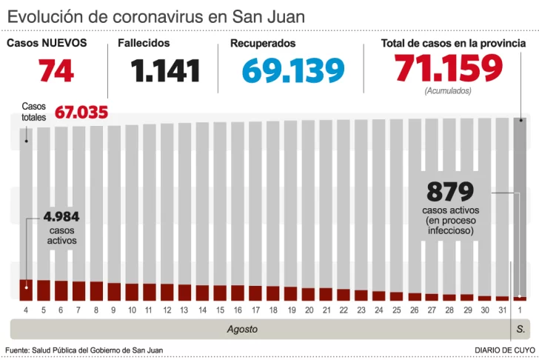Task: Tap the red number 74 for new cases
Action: coord(56,71)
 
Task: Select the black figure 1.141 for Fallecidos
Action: coord(166,71)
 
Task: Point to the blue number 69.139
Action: coord(293,71)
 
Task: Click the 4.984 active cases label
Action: coord(61,217)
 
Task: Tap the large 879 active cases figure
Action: coord(449,192)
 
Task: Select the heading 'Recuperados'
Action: coord(263,44)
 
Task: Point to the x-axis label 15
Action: coord(220,310)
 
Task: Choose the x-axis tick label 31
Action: coord(502,310)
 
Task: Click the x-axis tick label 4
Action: coord(26,310)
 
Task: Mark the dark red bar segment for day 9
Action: coord(114,291)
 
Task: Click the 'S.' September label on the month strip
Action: coord(520,328)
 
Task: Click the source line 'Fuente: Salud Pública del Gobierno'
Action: coord(84,350)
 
